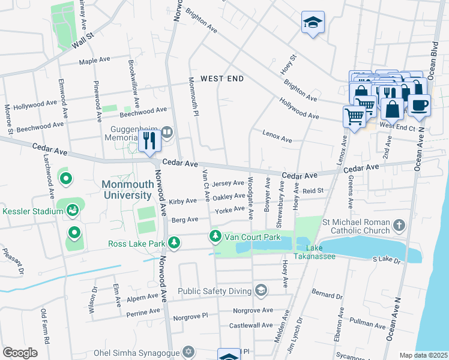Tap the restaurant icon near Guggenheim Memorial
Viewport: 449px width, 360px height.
[x=149, y=141]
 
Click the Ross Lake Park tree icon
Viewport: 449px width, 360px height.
[x=174, y=243]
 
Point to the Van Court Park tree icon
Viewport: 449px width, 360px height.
[x=215, y=237]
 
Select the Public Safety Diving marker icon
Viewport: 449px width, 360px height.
[x=261, y=292]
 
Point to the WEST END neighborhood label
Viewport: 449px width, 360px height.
[x=221, y=79]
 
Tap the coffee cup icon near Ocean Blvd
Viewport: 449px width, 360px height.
[x=419, y=104]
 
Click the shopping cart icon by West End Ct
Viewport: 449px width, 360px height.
[x=354, y=116]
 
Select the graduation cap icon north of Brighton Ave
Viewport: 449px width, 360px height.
[x=313, y=23]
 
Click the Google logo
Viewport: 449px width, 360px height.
[x=20, y=353]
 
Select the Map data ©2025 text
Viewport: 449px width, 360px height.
[x=423, y=355]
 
